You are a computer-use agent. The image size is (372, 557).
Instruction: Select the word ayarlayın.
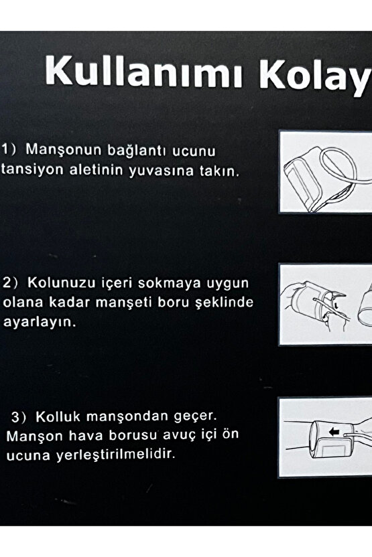click(x=40, y=323)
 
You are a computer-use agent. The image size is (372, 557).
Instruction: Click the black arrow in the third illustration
click(x=334, y=432)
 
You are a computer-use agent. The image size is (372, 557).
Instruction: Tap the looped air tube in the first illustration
click(x=338, y=167)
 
